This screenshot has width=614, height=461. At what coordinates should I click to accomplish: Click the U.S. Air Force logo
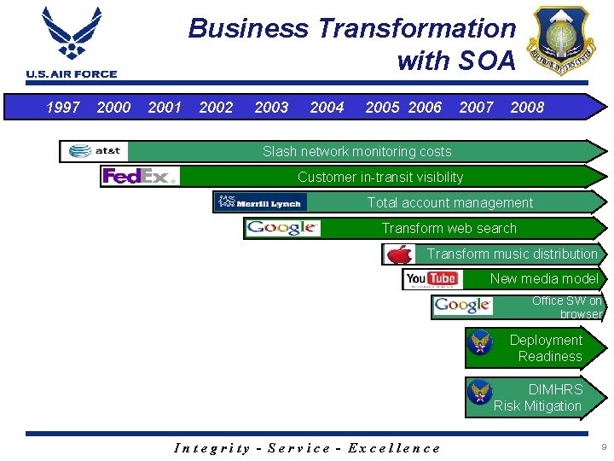coord(72,42)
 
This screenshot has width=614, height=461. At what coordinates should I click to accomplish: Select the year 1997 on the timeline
coord(62,108)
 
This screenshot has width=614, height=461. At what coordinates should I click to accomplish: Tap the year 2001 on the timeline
coord(165,108)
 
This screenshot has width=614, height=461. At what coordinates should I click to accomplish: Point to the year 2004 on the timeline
coord(327,108)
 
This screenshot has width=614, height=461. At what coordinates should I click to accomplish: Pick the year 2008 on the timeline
coord(527,108)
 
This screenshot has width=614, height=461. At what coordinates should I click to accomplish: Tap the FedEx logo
coord(140,177)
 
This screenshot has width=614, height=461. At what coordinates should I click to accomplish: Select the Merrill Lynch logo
coord(261,202)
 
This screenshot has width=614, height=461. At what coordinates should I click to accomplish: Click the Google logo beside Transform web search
coord(282,228)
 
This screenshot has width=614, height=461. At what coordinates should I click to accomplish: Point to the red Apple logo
coord(398,254)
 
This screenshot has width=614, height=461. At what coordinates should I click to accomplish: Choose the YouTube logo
coord(432,279)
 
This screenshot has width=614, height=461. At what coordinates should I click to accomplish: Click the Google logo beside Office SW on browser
coord(462,306)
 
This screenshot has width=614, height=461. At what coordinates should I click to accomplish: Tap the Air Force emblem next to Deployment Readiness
coord(481,343)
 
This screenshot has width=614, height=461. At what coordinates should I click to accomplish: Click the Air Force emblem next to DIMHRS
coord(481,393)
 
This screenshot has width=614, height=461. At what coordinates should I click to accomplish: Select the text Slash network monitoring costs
coord(356,152)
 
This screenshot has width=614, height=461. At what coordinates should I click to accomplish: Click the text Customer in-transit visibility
coord(380,178)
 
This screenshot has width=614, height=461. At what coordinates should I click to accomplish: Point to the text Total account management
coord(449,203)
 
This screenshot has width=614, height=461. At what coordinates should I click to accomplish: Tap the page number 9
coord(603,447)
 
